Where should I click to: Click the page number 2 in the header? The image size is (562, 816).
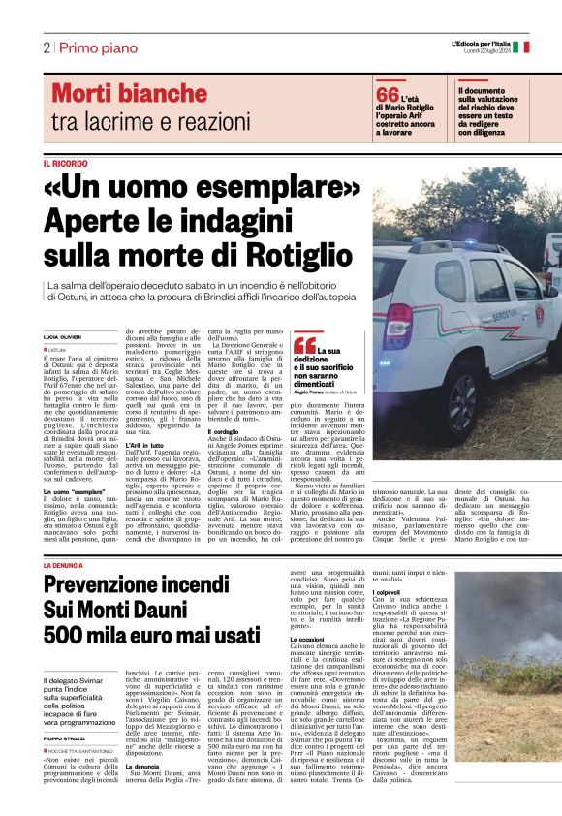47,47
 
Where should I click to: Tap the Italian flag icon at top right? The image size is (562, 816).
520,47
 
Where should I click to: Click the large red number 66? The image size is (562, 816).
388,95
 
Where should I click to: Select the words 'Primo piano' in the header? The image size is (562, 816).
89,47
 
